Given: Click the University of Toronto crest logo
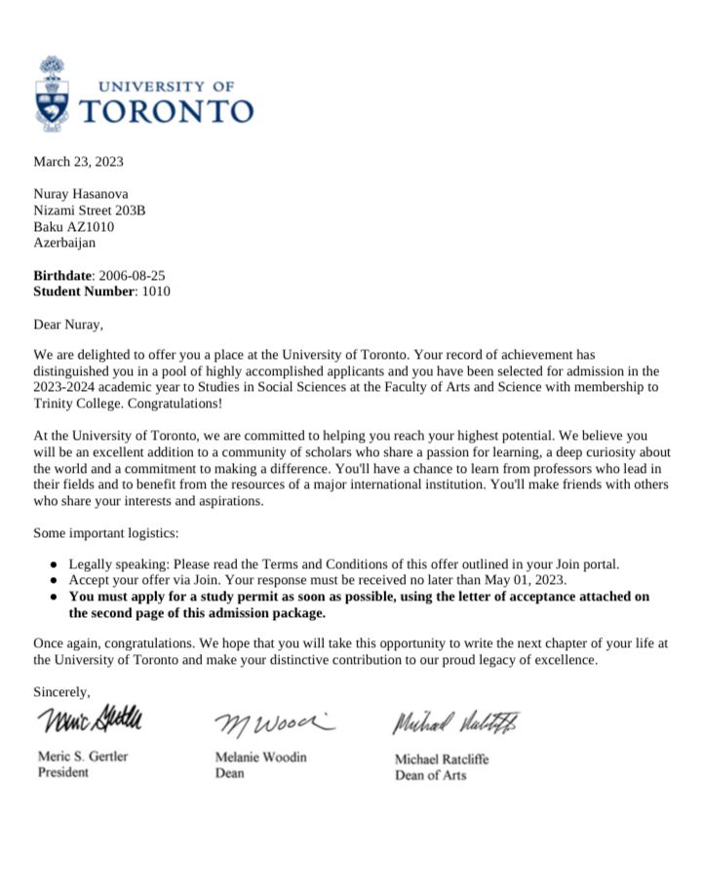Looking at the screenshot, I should pos(53,95).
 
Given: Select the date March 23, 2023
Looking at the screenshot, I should pos(79,162).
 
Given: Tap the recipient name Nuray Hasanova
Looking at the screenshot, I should pos(81,194).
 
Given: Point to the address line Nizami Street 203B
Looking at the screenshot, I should pos(90,211).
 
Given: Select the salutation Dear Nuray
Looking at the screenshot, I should pos(68,324).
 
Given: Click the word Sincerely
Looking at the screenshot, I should pos(61,692).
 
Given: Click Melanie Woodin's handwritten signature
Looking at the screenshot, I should pos(272,724).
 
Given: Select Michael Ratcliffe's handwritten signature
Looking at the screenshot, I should pos(456,724).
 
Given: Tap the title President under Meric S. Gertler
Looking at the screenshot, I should pos(62,773).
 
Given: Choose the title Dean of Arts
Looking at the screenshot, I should pos(430,776).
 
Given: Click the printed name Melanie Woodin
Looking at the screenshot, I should pos(260,757).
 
